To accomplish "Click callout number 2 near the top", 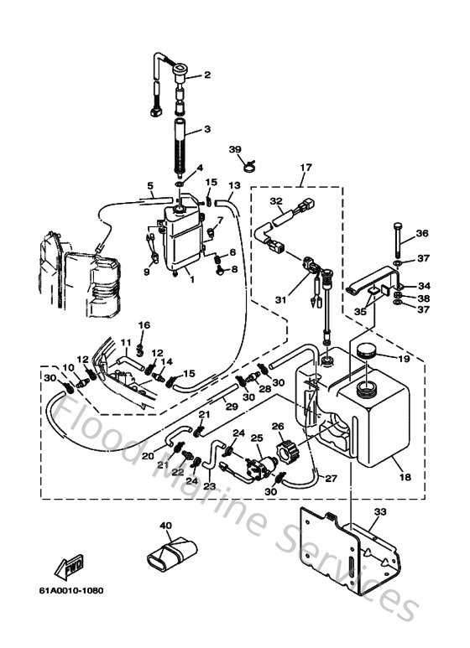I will [x=206, y=76].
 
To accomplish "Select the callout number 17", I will [x=304, y=168].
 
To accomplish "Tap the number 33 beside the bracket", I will [x=380, y=512].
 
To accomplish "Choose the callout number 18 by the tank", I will [x=405, y=476].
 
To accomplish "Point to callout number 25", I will [x=257, y=438].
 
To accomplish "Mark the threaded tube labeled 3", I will [x=182, y=144].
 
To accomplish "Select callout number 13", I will [x=235, y=184].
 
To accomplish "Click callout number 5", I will [x=151, y=185].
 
